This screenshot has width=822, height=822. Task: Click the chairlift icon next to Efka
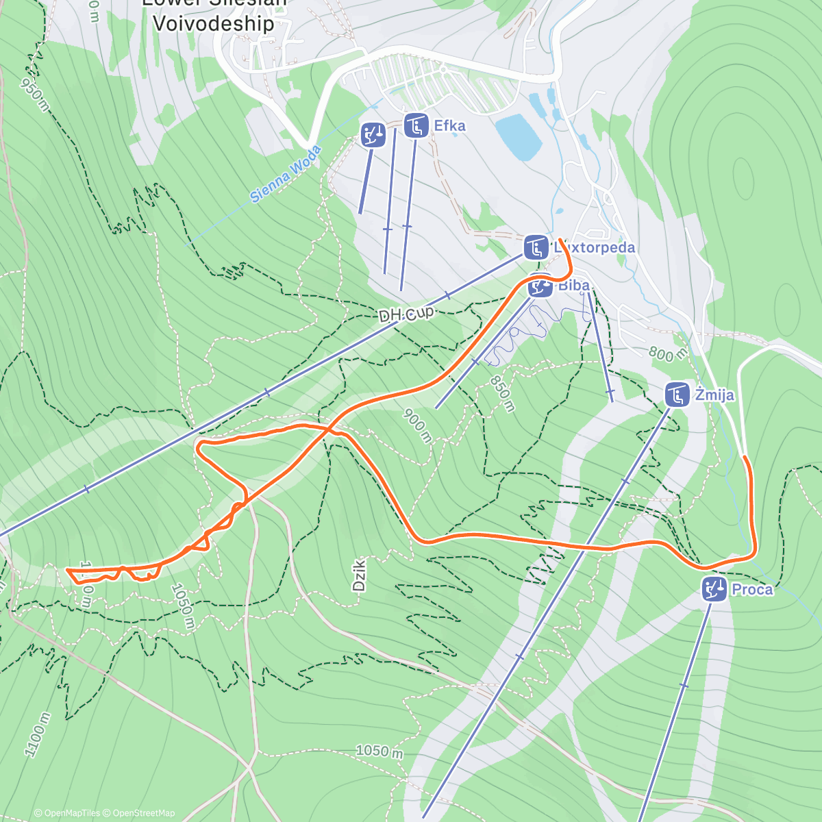click(x=416, y=125)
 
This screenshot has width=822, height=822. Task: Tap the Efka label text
click(x=450, y=126)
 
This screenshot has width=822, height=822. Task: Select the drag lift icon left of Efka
click(x=373, y=134)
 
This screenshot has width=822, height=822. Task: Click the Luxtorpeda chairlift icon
click(x=536, y=247)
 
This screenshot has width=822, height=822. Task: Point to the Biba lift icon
click(x=540, y=286)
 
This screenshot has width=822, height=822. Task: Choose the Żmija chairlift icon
click(x=677, y=395)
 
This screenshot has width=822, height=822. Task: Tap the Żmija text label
click(x=714, y=395)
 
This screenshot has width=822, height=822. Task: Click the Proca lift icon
click(x=714, y=589)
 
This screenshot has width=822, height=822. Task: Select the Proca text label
click(x=751, y=589)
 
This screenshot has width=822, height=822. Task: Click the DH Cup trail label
click(x=406, y=314)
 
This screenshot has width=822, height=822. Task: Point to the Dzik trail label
click(x=359, y=574)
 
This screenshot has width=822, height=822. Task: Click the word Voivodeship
click(x=213, y=23)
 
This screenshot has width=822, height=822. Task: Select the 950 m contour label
click(x=35, y=95)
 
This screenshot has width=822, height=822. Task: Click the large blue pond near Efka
click(x=519, y=136)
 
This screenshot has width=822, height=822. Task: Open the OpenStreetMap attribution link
click(x=143, y=813)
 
